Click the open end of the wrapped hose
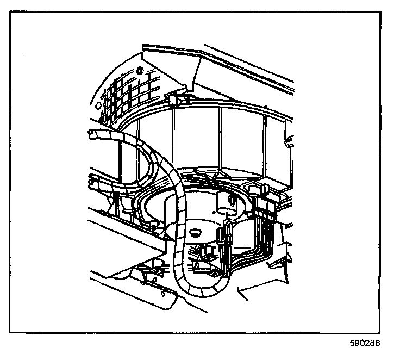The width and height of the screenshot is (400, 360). click(x=88, y=133)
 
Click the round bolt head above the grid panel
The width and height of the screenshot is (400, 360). click(x=140, y=71)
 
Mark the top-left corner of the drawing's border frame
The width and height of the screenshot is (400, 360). click(x=11, y=12)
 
